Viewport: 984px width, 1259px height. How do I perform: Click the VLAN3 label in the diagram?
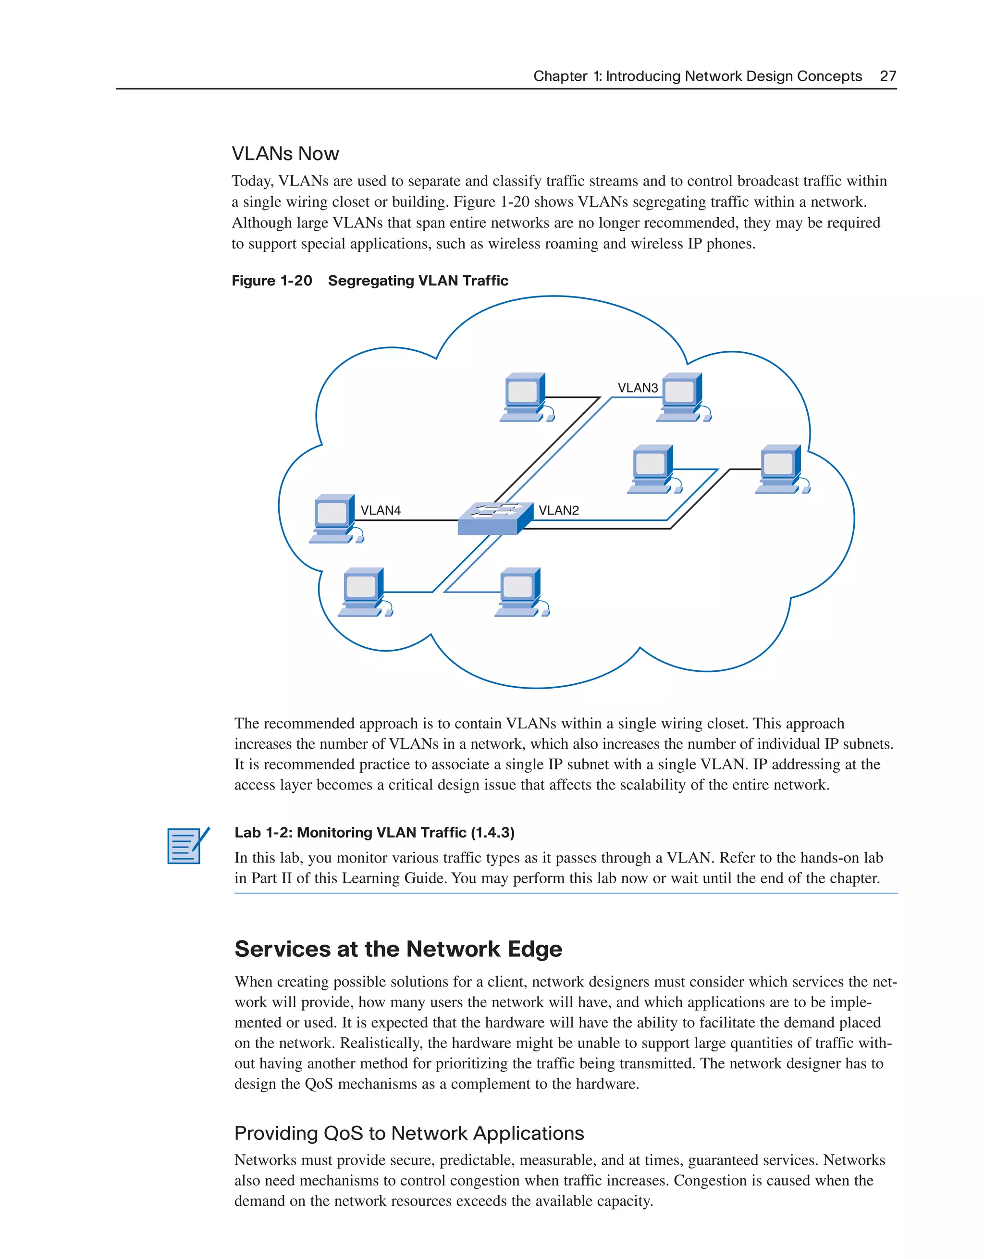tap(637, 388)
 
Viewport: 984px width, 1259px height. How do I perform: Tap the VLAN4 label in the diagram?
tap(381, 510)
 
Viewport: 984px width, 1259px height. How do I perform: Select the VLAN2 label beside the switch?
tap(559, 510)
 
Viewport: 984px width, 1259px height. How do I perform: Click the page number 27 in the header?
tap(888, 76)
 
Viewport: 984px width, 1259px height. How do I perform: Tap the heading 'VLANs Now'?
tap(285, 154)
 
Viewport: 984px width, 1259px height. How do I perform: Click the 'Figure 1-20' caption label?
tap(271, 281)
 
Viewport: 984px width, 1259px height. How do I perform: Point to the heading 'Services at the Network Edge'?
tap(398, 950)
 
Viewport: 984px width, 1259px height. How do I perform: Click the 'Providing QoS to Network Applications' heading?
tap(409, 1133)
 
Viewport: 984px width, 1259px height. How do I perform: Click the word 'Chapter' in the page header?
tap(560, 76)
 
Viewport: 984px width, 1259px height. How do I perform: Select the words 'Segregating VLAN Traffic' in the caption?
tap(418, 281)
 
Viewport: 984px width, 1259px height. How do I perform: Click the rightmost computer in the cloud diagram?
tap(782, 469)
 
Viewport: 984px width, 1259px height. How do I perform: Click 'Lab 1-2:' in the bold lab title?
tap(263, 832)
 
